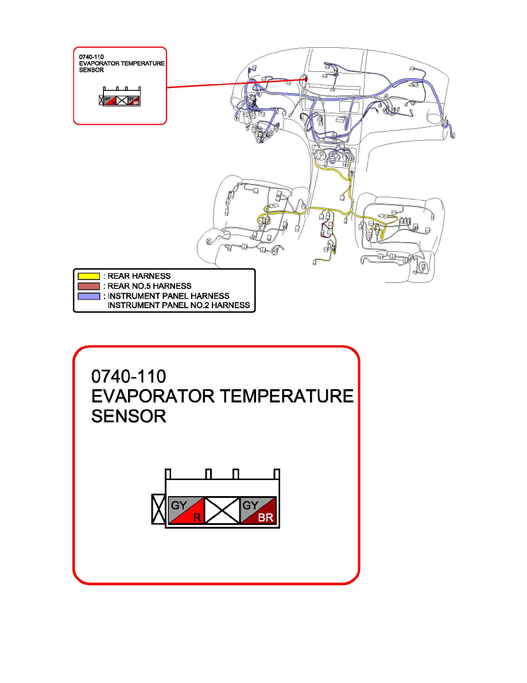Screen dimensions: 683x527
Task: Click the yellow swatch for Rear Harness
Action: (88, 276)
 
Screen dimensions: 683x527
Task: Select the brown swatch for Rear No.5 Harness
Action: (88, 286)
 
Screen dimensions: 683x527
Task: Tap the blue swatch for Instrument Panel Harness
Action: (88, 296)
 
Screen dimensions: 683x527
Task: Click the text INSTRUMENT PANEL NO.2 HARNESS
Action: (179, 305)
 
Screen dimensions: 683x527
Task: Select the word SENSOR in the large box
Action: (129, 416)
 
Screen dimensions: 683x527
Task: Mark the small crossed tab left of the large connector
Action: (158, 509)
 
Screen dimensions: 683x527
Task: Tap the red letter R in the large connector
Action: (196, 518)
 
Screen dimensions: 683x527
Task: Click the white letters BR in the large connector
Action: (266, 518)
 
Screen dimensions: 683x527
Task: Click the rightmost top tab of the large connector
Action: (276, 474)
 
